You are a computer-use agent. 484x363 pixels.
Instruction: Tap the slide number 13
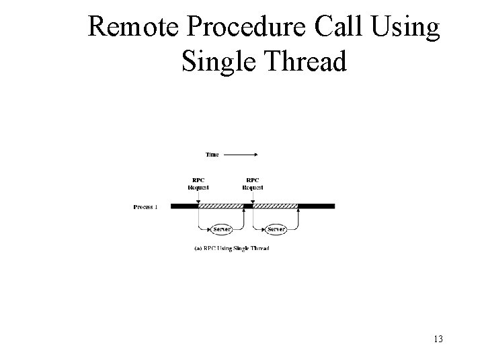[438, 339]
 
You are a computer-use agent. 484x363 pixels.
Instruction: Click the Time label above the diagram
[212, 155]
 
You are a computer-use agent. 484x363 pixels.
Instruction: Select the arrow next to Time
[241, 155]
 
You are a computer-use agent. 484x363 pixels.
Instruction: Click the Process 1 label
[145, 207]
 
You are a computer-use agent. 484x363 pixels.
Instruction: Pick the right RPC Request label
[253, 183]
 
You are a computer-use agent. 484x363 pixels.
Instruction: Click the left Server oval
[221, 229]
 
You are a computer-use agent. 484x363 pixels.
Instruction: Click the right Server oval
[276, 229]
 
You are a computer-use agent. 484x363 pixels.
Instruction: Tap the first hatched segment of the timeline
[221, 206]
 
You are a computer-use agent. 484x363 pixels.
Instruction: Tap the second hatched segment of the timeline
[276, 206]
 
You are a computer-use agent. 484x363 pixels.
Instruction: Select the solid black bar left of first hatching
[184, 206]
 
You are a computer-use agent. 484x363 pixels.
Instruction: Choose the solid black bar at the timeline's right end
[316, 206]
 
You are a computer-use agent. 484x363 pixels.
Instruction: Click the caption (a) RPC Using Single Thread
[231, 249]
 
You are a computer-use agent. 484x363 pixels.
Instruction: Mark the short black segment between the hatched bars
[248, 206]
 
